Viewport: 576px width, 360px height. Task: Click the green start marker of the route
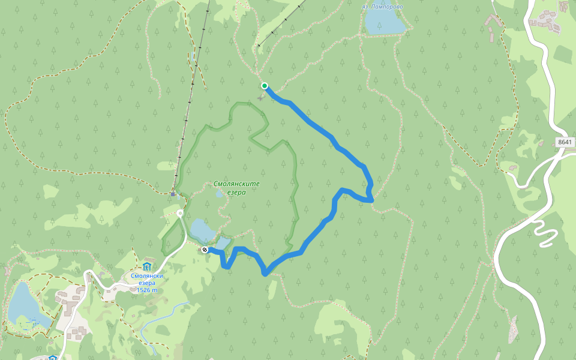[264, 86]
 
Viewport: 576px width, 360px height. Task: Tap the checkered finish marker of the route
[205, 250]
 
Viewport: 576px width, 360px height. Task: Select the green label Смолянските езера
[229, 188]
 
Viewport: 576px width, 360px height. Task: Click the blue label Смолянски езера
[147, 280]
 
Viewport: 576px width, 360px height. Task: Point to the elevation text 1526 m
[147, 290]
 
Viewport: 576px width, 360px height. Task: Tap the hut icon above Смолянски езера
[147, 267]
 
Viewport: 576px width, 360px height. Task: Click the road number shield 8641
[565, 142]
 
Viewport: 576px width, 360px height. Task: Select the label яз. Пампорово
[382, 7]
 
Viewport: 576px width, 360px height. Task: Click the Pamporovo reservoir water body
[384, 22]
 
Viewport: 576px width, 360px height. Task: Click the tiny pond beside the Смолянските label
[219, 194]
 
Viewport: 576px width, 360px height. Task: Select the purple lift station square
[173, 194]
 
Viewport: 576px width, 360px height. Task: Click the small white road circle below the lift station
[180, 213]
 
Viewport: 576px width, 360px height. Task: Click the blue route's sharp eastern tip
[372, 198]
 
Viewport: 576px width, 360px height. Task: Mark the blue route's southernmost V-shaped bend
[265, 274]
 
